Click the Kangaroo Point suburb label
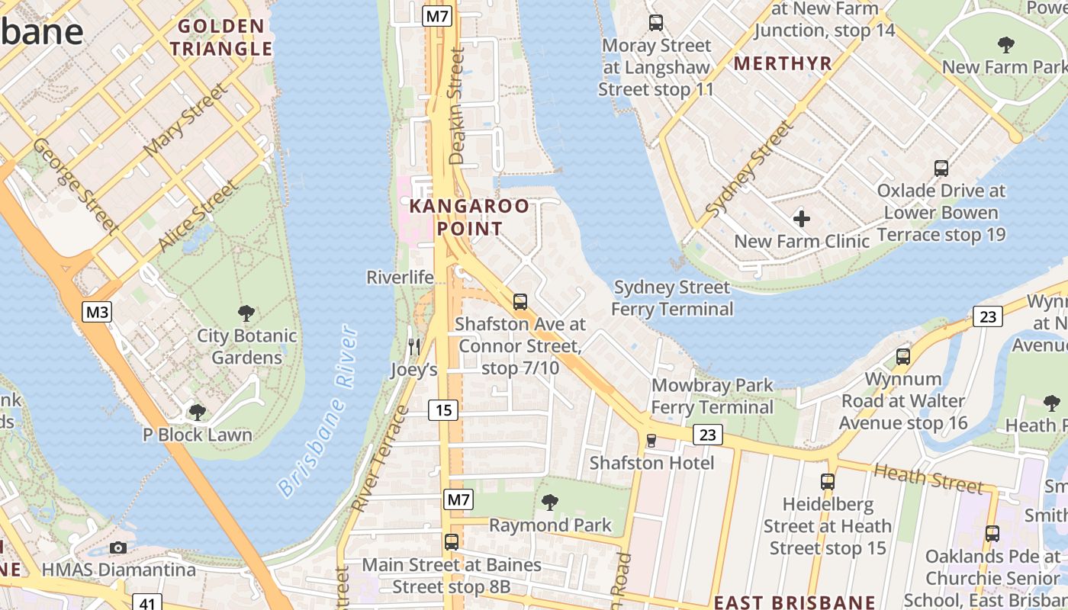(x=469, y=217)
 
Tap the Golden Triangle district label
(x=220, y=38)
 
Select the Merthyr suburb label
(x=783, y=64)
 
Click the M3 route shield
(x=98, y=311)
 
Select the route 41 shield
(x=147, y=603)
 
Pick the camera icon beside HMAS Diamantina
(x=118, y=547)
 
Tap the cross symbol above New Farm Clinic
(x=801, y=220)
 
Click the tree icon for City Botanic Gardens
(x=246, y=313)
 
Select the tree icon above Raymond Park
(x=549, y=502)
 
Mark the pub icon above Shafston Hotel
(x=651, y=440)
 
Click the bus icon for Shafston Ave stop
(x=520, y=301)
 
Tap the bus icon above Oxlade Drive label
(x=941, y=168)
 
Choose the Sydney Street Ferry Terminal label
(x=671, y=298)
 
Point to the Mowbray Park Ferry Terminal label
(x=713, y=396)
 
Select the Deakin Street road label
(x=457, y=106)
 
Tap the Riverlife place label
(x=400, y=277)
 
